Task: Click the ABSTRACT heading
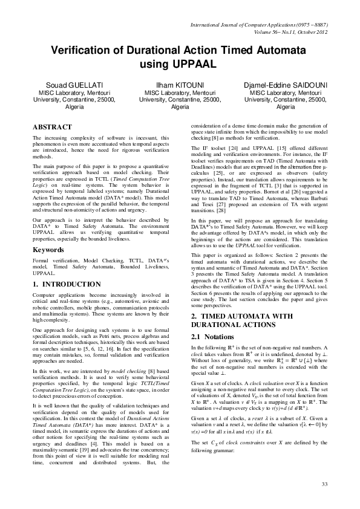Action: coord(54,127)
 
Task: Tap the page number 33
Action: coord(324,484)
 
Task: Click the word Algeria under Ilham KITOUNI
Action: coord(180,106)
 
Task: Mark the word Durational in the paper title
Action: coord(151,50)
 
